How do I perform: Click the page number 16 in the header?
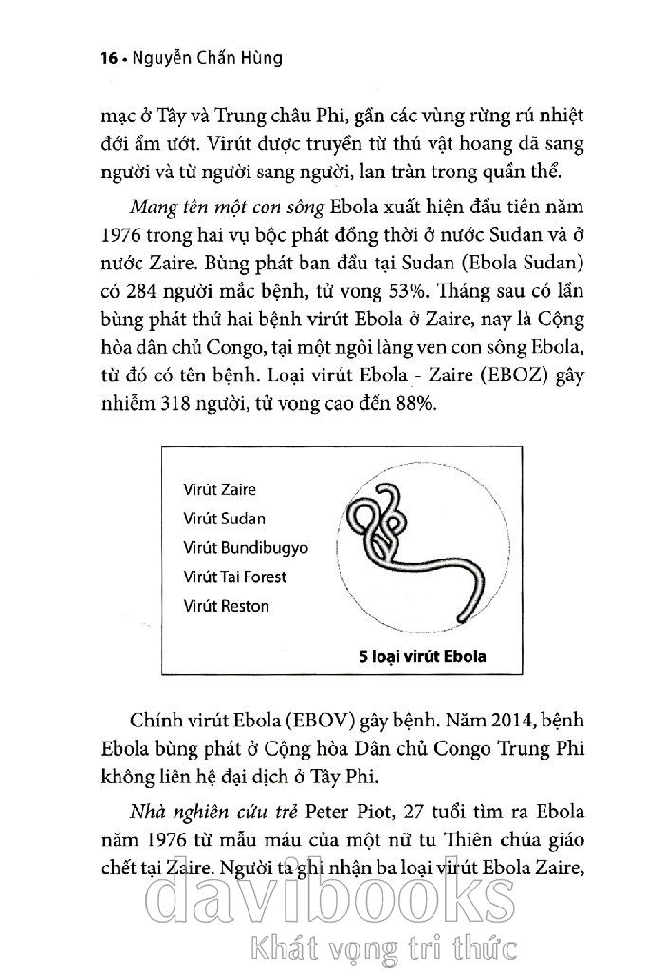click(107, 58)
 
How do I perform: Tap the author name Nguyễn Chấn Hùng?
click(203, 58)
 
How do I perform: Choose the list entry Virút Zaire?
click(219, 490)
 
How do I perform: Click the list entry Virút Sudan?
click(224, 519)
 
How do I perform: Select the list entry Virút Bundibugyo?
click(246, 548)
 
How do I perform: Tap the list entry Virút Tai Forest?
click(234, 577)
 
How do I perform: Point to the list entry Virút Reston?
click(227, 606)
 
